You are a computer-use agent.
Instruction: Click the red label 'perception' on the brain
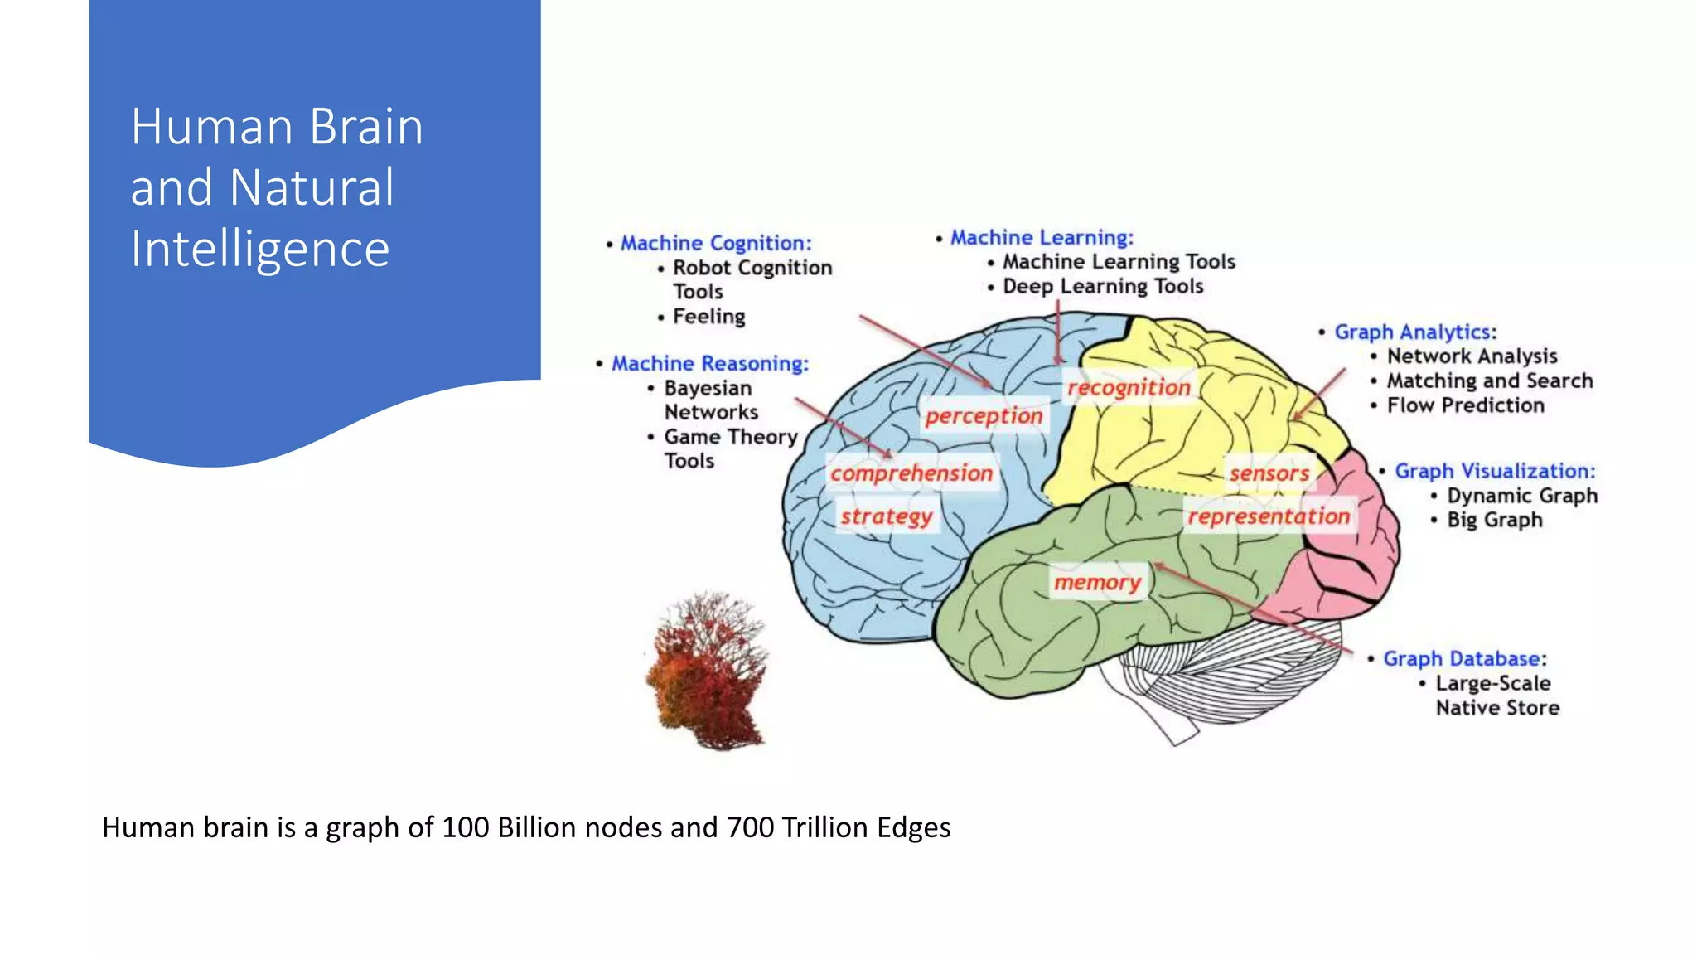click(x=984, y=415)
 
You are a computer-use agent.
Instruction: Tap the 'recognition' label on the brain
click(x=1129, y=387)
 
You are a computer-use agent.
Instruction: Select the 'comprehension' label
click(x=911, y=473)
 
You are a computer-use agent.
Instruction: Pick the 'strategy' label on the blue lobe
click(x=886, y=516)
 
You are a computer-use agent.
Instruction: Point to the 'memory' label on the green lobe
click(x=1097, y=583)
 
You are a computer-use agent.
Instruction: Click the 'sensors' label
click(x=1269, y=473)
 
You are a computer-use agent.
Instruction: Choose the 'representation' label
click(x=1269, y=516)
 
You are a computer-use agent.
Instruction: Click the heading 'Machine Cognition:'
click(x=716, y=243)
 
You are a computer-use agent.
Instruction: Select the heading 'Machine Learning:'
click(x=1042, y=237)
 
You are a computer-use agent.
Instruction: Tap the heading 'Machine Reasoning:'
click(x=709, y=363)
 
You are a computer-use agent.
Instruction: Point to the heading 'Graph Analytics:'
click(x=1414, y=332)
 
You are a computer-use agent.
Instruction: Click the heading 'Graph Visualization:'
click(x=1495, y=471)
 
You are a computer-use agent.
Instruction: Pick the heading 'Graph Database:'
click(x=1464, y=659)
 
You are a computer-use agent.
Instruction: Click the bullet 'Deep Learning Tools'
click(x=1102, y=286)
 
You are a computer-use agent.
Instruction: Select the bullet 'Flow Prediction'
click(x=1465, y=405)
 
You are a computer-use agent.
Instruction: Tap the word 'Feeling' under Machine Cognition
click(x=708, y=317)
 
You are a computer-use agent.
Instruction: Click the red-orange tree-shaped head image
click(x=708, y=671)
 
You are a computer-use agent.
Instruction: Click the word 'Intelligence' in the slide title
click(x=260, y=249)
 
